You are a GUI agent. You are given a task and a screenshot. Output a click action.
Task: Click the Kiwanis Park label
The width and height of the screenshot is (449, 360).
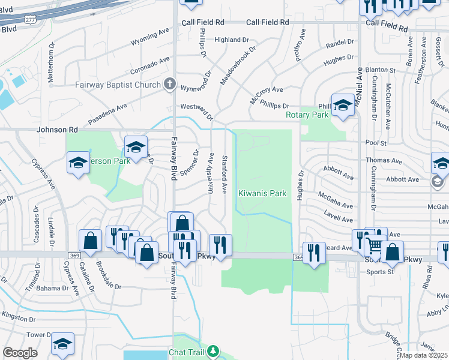pyautogui.click(x=262, y=194)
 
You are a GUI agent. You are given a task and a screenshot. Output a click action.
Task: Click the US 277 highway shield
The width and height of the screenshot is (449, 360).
pyautogui.click(x=29, y=20)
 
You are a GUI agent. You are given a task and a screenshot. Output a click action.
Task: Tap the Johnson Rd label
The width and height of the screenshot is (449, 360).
pyautogui.click(x=58, y=130)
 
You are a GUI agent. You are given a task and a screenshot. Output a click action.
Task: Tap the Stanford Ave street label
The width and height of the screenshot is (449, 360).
pyautogui.click(x=224, y=176)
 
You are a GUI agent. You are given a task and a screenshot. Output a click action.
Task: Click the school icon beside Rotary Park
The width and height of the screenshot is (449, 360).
pyautogui.click(x=342, y=106)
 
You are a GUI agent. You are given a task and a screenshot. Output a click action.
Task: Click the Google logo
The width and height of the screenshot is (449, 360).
pyautogui.click(x=20, y=353)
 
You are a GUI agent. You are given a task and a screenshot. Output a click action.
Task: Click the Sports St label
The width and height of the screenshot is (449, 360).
pyautogui.click(x=379, y=272)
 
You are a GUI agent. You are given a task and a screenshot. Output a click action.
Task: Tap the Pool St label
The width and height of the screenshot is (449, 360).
pyautogui.click(x=375, y=143)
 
